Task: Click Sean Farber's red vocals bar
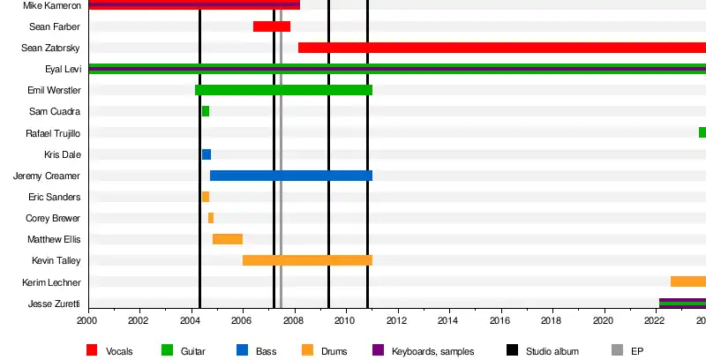[x=271, y=26]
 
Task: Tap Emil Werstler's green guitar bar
[x=282, y=90]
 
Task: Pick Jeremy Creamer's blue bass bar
[x=290, y=176]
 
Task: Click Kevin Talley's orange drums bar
[x=307, y=260]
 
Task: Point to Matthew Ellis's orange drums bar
[x=228, y=239]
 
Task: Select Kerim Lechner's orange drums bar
[x=688, y=281]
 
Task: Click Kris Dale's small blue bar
[x=207, y=154]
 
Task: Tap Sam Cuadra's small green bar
[x=206, y=111]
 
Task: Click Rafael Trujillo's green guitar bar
[x=702, y=132]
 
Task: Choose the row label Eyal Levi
[x=63, y=69]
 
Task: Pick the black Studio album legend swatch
[x=512, y=350]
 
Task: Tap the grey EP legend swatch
[x=616, y=350]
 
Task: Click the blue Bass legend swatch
[x=242, y=350]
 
